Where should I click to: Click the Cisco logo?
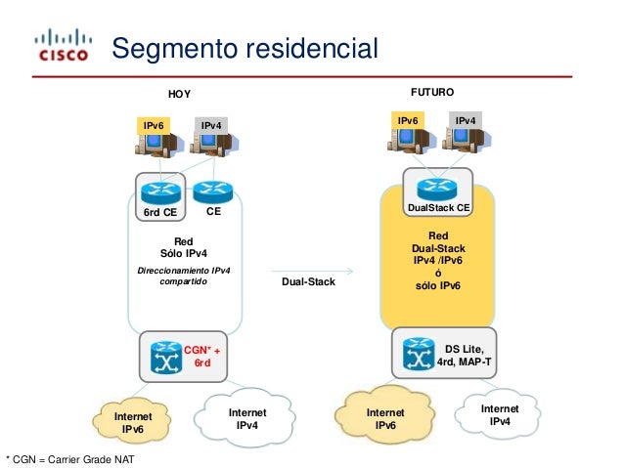pyautogui.click(x=63, y=45)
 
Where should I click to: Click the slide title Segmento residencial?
pyautogui.click(x=245, y=49)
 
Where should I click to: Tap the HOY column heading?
pyautogui.click(x=180, y=94)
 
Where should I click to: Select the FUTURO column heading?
pyautogui.click(x=432, y=92)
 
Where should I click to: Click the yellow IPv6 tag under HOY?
pyautogui.click(x=154, y=126)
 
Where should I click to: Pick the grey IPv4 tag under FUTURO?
pyautogui.click(x=466, y=120)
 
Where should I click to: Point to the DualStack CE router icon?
pyautogui.click(x=437, y=188)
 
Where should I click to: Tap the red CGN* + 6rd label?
pyautogui.click(x=201, y=357)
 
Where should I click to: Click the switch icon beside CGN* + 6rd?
pyautogui.click(x=166, y=358)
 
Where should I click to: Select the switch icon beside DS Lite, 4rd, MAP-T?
pyautogui.click(x=419, y=354)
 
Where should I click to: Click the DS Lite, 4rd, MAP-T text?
pyautogui.click(x=464, y=356)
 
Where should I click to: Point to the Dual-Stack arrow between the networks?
pyautogui.click(x=312, y=272)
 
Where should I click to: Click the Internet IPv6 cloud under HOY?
pyautogui.click(x=132, y=422)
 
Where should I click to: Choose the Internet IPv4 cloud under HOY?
pyautogui.click(x=245, y=418)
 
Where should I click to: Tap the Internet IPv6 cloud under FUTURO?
pyautogui.click(x=385, y=418)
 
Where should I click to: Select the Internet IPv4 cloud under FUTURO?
pyautogui.click(x=499, y=414)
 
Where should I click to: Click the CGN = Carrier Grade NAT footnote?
pyautogui.click(x=70, y=459)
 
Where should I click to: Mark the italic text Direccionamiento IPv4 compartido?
pyautogui.click(x=184, y=276)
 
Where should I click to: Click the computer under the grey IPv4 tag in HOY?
pyautogui.click(x=214, y=144)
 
